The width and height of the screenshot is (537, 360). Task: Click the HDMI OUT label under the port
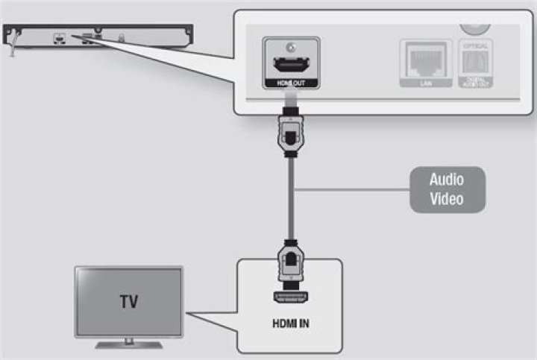[291, 83]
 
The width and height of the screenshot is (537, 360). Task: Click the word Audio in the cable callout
[446, 180]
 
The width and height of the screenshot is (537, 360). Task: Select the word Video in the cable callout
[446, 199]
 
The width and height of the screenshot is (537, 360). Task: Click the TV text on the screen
[128, 303]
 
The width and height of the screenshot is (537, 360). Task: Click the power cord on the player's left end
[10, 46]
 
